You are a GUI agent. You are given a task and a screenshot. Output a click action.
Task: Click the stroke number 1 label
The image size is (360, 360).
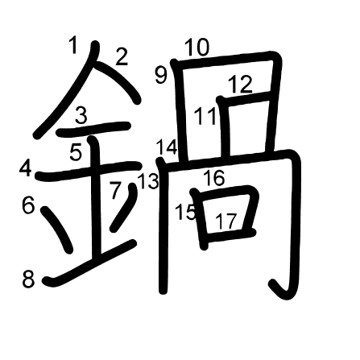[x=73, y=45]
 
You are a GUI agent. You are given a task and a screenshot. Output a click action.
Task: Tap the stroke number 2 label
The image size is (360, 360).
[x=122, y=56]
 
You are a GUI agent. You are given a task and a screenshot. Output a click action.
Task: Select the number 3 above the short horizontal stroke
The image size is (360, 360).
[x=81, y=115]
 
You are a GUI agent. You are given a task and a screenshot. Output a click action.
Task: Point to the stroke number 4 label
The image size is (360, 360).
[x=26, y=168]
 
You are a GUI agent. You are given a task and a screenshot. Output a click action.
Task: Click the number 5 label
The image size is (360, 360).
[x=76, y=152]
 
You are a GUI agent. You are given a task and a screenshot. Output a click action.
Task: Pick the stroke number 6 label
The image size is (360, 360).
[x=28, y=205]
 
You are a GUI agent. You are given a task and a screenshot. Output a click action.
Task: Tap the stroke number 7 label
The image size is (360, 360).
[x=116, y=190]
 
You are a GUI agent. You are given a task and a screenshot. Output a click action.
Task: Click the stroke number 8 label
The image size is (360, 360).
[x=28, y=279]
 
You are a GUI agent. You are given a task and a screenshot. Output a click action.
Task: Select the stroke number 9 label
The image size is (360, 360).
[x=161, y=75]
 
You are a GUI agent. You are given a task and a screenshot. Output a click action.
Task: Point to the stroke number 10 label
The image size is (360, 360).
[x=197, y=48]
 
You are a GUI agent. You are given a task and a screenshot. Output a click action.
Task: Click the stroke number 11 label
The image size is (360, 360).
[x=205, y=116]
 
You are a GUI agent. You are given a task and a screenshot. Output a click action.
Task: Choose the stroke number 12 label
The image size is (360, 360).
[x=240, y=84]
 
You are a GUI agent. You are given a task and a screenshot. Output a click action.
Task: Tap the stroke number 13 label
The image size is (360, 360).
[x=148, y=180]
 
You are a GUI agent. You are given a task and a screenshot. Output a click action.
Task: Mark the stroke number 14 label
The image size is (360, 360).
[x=167, y=147]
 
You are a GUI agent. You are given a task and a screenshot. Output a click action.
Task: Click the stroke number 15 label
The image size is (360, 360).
[x=185, y=212]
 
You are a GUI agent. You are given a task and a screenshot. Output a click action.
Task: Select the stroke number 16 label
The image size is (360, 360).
[x=213, y=178]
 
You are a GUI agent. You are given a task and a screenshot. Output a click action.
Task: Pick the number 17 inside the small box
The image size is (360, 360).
[x=226, y=221]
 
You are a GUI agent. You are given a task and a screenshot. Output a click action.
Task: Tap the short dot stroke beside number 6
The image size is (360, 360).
[x=57, y=230]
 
